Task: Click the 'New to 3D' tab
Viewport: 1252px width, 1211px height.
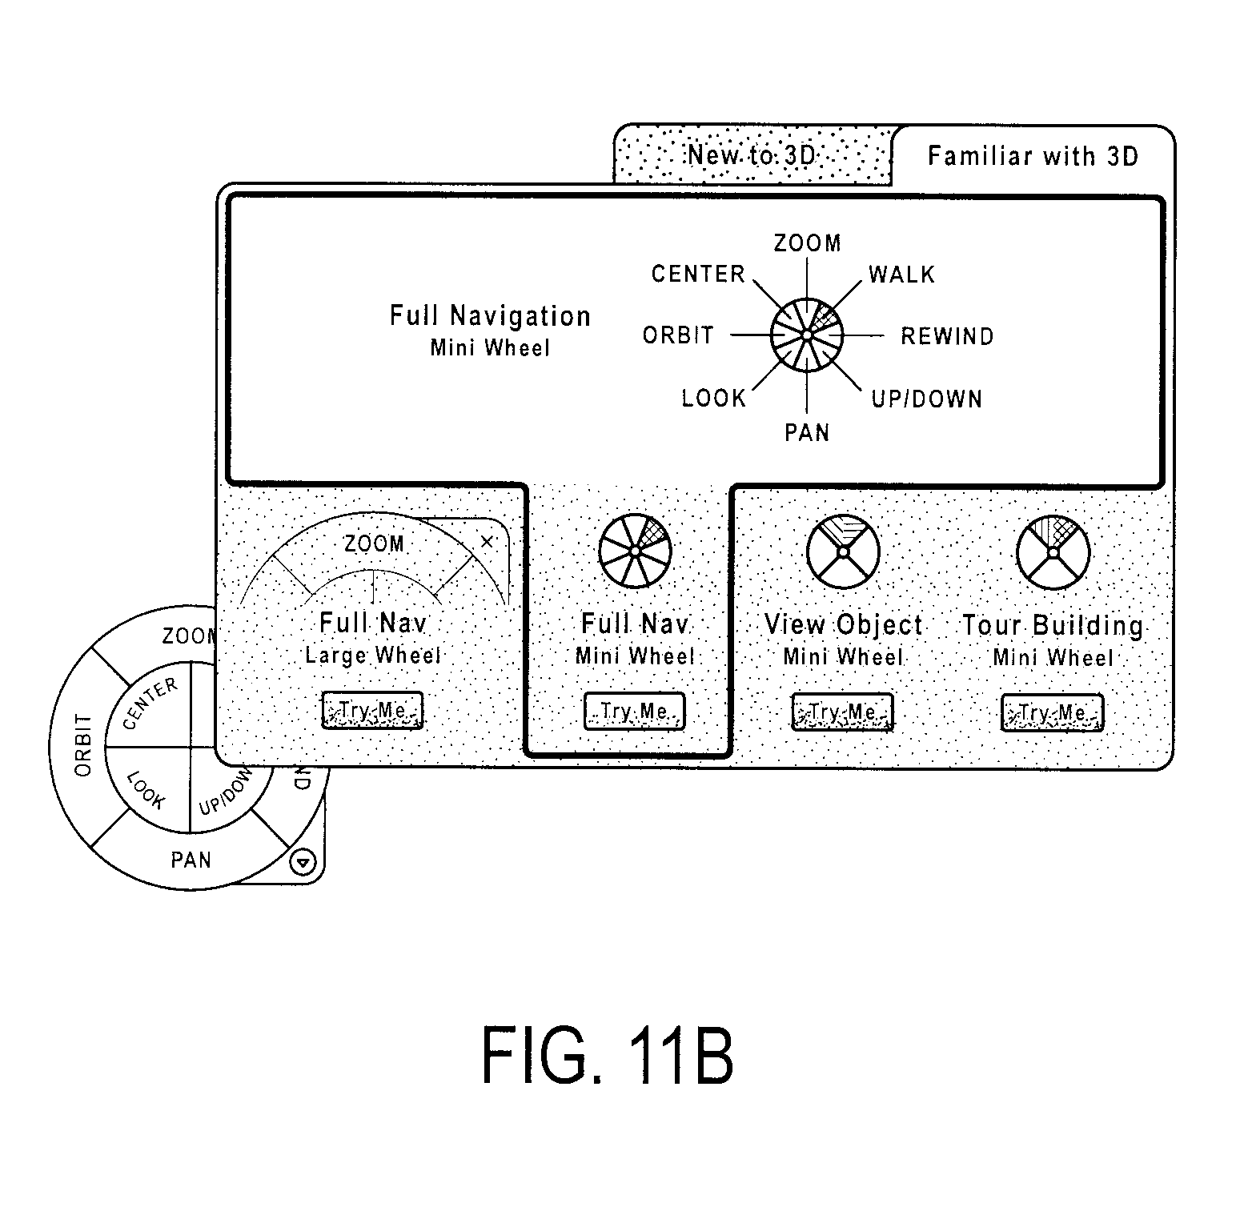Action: (x=752, y=155)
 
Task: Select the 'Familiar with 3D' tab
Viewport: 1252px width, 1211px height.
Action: (x=1033, y=155)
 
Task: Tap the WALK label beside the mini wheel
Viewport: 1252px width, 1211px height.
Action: (x=902, y=275)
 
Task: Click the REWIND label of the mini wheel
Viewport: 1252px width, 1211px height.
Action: (x=947, y=336)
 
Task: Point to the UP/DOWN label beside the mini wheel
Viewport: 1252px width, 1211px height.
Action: (x=926, y=399)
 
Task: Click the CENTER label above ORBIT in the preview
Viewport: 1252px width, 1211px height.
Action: (x=698, y=274)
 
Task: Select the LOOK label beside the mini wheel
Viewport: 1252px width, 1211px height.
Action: (x=713, y=398)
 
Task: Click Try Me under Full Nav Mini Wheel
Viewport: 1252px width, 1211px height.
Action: (x=634, y=712)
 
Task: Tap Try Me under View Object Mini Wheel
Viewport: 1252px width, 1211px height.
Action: (x=843, y=712)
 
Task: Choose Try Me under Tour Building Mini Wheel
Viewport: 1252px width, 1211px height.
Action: (x=1053, y=713)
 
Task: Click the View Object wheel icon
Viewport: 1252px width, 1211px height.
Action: (x=843, y=552)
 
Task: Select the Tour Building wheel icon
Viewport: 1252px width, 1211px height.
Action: (x=1053, y=552)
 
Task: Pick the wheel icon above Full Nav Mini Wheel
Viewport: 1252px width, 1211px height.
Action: (x=634, y=551)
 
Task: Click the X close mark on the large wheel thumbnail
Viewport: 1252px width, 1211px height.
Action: (x=487, y=543)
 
